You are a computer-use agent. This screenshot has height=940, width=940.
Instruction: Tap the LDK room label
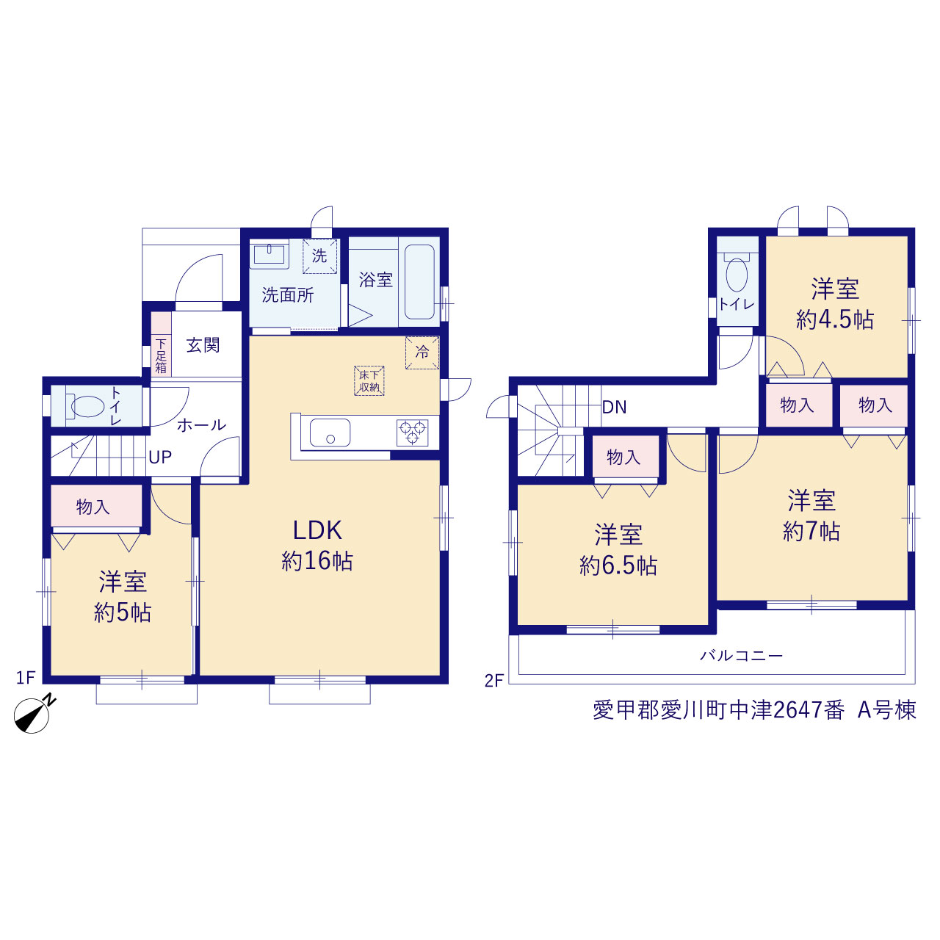pyautogui.click(x=317, y=531)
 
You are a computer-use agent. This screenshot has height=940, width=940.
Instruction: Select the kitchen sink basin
pyautogui.click(x=330, y=433)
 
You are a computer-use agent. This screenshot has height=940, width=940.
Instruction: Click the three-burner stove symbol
pyautogui.click(x=412, y=433)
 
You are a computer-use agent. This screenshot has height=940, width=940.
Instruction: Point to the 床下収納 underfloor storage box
pyautogui.click(x=369, y=380)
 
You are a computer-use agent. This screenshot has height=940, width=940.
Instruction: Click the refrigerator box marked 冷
pyautogui.click(x=422, y=352)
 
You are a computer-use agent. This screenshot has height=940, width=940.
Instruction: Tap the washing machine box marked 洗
pyautogui.click(x=319, y=256)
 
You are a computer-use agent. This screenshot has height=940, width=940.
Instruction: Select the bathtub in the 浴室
pyautogui.click(x=419, y=283)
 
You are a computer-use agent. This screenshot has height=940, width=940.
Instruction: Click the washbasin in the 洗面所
pyautogui.click(x=270, y=256)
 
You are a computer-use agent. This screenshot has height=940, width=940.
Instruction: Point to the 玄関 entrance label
pyautogui.click(x=203, y=345)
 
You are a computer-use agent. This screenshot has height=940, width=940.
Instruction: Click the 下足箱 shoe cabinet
pyautogui.click(x=161, y=344)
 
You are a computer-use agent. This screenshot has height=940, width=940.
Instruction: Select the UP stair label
pyautogui.click(x=160, y=457)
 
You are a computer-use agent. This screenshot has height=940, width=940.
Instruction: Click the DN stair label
pyautogui.click(x=614, y=407)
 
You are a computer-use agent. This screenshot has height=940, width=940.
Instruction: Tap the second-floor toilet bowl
pyautogui.click(x=737, y=272)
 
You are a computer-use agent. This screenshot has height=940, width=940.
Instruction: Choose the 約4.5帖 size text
pyautogui.click(x=835, y=320)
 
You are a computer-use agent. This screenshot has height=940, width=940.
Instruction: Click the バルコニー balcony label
pyautogui.click(x=742, y=656)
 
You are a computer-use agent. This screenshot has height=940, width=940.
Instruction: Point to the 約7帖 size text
pyautogui.click(x=811, y=532)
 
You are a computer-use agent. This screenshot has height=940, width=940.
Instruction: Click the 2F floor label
pyautogui.click(x=493, y=681)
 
